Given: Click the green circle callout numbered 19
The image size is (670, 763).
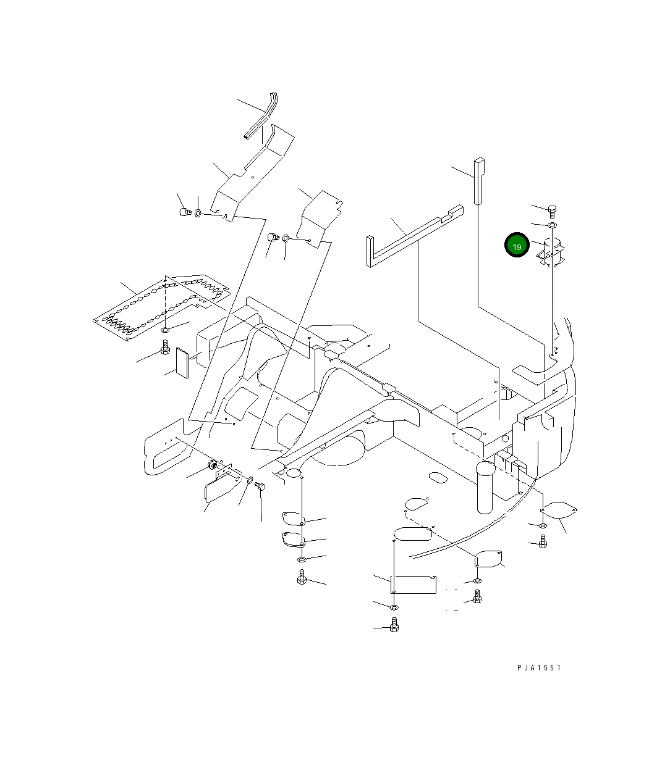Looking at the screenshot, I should tap(517, 246).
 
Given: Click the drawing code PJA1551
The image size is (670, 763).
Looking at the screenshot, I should tap(540, 667).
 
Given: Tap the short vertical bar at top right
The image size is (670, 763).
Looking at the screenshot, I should tap(479, 180).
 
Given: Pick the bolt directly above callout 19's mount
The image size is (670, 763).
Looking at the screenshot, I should tap(553, 211).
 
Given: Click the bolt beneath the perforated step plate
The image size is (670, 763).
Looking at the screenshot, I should tap(165, 351).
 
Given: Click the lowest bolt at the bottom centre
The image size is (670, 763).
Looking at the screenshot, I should tap(394, 627).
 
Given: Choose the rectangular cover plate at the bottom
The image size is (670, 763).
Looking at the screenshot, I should tap(414, 584).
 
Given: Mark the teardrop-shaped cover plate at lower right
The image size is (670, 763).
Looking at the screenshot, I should tap(561, 510).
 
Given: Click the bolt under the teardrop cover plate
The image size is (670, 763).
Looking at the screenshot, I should tap(543, 542).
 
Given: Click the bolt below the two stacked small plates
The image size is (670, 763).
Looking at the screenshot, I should tap(302, 578).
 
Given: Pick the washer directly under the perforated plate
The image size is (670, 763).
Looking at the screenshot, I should tap(166, 331).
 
